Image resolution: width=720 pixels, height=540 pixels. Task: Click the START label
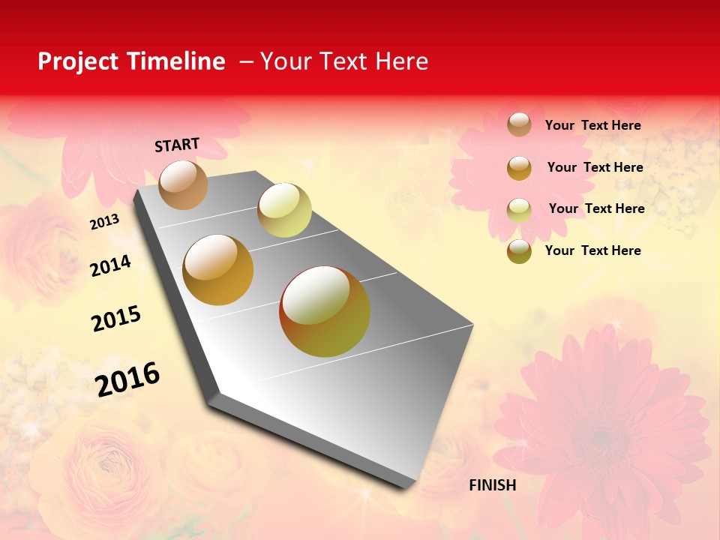click(177, 145)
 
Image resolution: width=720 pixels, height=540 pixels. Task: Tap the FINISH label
click(493, 485)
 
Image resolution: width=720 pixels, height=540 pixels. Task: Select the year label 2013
click(104, 223)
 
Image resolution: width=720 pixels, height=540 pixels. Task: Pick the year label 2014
click(110, 265)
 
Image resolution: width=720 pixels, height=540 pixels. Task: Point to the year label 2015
click(116, 319)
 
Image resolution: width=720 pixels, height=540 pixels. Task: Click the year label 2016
click(127, 379)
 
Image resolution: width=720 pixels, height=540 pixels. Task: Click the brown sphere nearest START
click(184, 184)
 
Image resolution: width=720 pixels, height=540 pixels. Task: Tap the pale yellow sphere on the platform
click(284, 210)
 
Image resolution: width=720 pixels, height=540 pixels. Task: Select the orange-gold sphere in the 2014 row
click(218, 270)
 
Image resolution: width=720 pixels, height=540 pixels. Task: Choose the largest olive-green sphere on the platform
click(325, 311)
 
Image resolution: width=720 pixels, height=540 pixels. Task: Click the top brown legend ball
click(519, 124)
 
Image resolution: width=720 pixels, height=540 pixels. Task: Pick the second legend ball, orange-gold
click(519, 167)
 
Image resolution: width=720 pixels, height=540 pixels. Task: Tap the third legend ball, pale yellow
click(519, 209)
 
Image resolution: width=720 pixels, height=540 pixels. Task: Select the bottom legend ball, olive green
click(519, 251)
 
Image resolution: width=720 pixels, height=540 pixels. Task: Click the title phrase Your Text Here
click(344, 61)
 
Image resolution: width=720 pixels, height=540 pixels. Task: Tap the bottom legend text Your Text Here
click(592, 250)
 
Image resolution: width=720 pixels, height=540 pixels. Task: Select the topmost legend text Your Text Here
click(592, 125)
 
